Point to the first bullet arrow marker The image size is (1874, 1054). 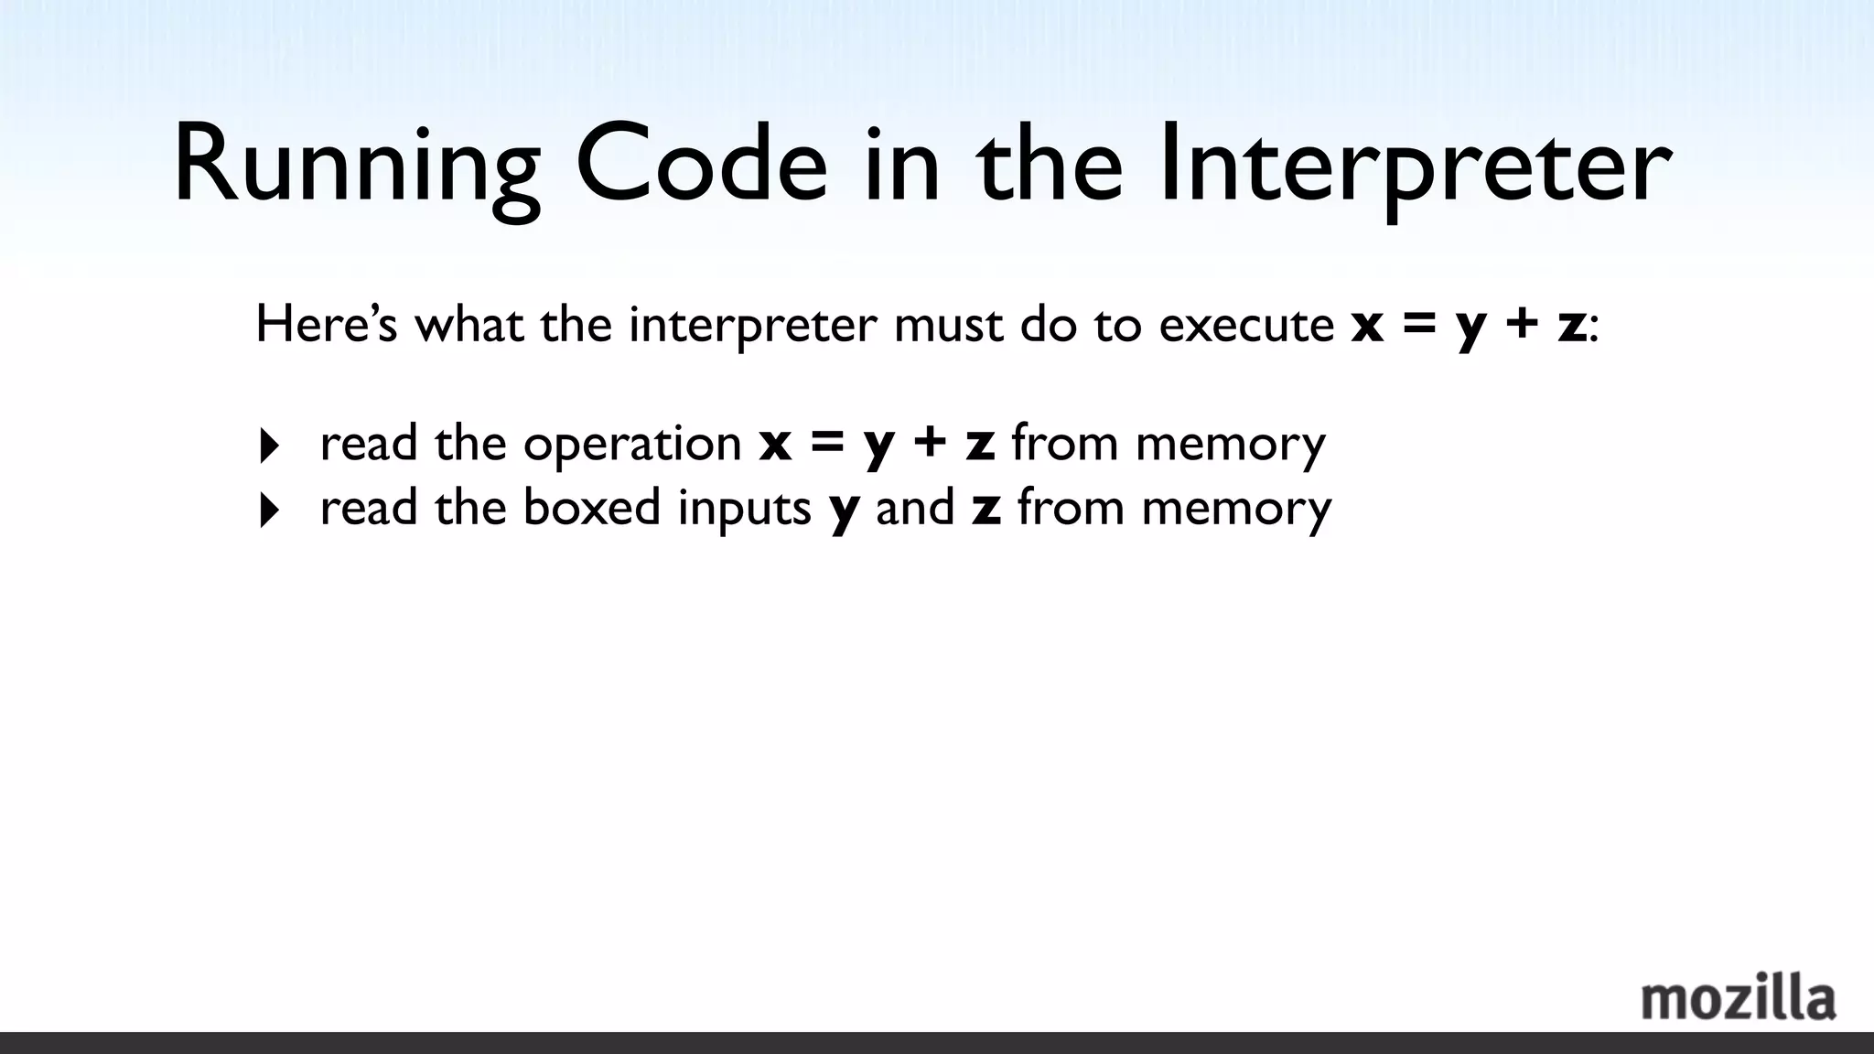coord(269,446)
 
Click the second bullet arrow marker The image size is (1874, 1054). coord(269,511)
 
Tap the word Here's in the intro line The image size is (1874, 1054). coord(327,324)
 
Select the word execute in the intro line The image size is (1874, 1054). coord(1246,326)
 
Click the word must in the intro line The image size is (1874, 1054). coord(948,326)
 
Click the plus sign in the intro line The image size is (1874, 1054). coord(1521,326)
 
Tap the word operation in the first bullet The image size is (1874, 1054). coord(632,445)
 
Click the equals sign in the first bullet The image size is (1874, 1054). coord(826,445)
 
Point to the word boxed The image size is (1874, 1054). coord(591,507)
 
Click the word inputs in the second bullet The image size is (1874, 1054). coord(744,509)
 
